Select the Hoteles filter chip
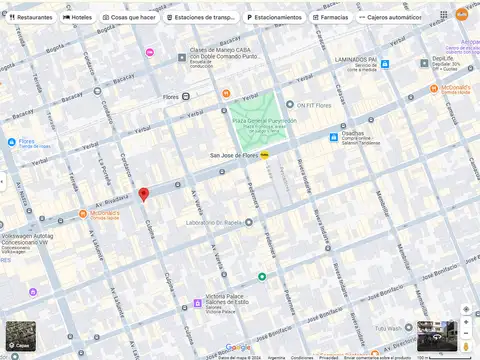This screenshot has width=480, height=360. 78,17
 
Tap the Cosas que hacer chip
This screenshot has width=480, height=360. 129,17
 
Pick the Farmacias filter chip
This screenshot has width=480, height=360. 330,17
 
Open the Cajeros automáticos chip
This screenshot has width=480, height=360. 391,17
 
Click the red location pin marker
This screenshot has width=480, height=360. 143,194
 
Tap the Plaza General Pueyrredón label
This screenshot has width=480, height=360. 259,122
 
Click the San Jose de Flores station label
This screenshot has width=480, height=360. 234,155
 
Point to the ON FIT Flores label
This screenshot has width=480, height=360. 313,104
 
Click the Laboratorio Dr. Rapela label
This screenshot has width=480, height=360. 213,222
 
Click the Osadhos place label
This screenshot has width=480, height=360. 352,133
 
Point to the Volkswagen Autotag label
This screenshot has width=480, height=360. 27,236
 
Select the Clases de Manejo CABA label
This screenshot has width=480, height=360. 224,52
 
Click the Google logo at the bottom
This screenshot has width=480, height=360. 238,347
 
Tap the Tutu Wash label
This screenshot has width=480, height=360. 388,327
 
